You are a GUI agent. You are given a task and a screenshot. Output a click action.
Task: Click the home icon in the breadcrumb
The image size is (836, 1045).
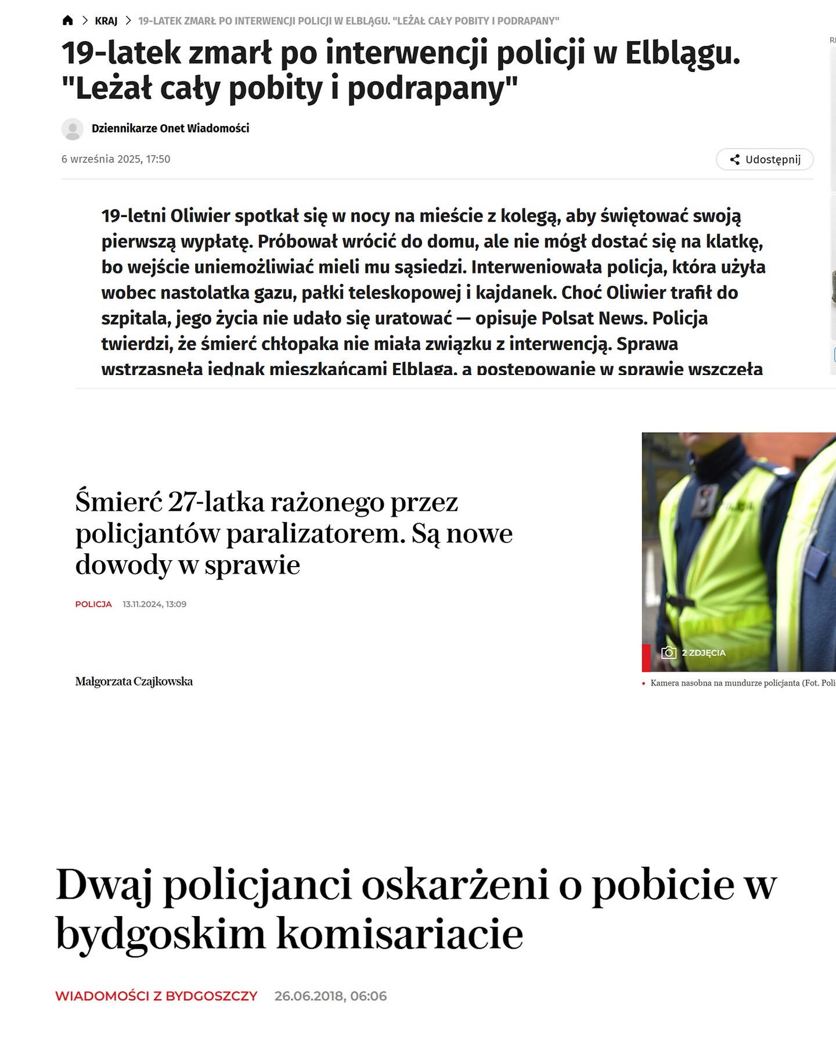point(68,21)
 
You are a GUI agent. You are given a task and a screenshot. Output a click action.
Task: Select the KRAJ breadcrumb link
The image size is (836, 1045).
point(106,21)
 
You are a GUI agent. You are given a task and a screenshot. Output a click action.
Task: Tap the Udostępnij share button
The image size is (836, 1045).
point(765,160)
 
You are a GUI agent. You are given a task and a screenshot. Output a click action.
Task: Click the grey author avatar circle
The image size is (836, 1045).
point(73,129)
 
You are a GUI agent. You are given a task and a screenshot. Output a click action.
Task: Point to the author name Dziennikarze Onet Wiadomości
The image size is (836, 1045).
point(170,128)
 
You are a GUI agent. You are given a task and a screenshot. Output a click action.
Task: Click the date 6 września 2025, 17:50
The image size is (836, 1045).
point(116,159)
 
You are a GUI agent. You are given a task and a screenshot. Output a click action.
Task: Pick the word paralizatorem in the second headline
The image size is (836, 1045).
point(316,534)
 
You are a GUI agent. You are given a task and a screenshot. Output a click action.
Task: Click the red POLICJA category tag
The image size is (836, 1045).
point(93,604)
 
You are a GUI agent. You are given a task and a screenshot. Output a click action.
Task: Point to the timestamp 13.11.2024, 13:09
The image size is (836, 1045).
point(154,604)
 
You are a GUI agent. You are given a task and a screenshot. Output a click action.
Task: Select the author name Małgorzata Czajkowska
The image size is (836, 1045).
point(134,682)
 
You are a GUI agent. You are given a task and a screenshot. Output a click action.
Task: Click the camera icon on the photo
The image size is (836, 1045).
point(669,653)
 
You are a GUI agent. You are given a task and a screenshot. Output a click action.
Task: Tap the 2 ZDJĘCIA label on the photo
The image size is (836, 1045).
point(704,653)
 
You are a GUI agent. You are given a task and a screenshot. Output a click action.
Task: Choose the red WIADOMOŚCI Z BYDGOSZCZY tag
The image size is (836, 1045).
point(156,996)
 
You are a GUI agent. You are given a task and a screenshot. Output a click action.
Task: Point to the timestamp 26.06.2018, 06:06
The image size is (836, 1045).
point(330,996)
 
